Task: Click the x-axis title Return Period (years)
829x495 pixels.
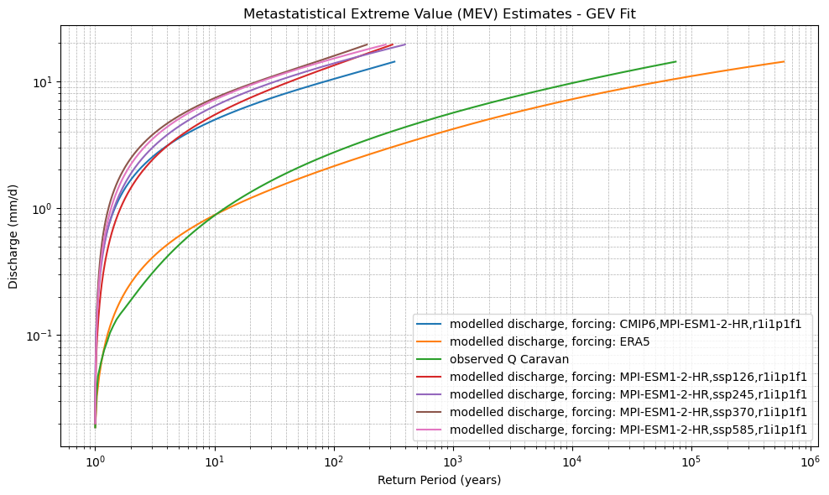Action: pos(439,480)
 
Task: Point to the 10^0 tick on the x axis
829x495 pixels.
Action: pos(95,462)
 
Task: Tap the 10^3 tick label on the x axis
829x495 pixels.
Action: pos(453,462)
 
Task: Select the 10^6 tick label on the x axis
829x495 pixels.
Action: pos(811,462)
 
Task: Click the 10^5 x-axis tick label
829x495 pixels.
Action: pos(691,462)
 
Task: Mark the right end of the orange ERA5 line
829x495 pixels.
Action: pos(784,61)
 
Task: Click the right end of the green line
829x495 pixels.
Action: pos(675,61)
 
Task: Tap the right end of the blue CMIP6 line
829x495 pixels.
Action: pos(394,61)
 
